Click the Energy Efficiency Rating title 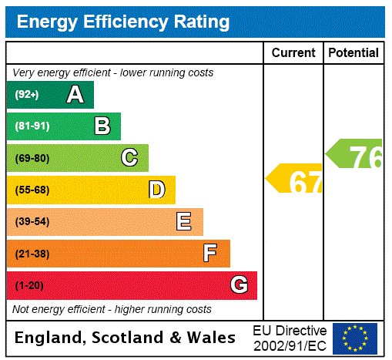click(123, 22)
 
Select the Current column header click(293, 53)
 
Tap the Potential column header click(353, 53)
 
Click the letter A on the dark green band click(75, 95)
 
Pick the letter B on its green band click(102, 126)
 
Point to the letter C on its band click(129, 158)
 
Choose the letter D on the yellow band click(156, 190)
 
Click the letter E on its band click(184, 222)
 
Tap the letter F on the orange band click(210, 254)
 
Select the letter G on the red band click(239, 285)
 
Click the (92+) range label click(27, 95)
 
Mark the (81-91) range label click(32, 126)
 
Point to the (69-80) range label click(32, 158)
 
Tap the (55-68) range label click(32, 190)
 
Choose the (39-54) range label click(32, 222)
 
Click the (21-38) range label click(32, 254)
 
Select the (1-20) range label click(29, 286)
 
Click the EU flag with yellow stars click(355, 338)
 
